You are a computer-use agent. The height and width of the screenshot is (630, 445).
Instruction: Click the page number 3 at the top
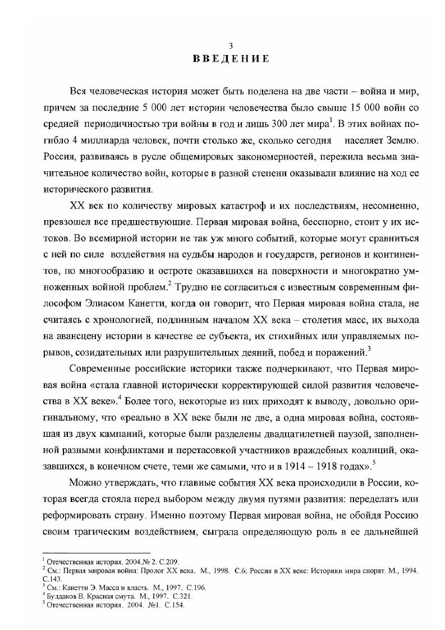[x=223, y=47]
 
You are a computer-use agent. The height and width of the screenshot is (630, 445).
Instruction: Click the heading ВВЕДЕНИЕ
[x=223, y=59]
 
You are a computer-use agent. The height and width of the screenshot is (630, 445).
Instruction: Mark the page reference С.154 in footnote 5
[x=173, y=606]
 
